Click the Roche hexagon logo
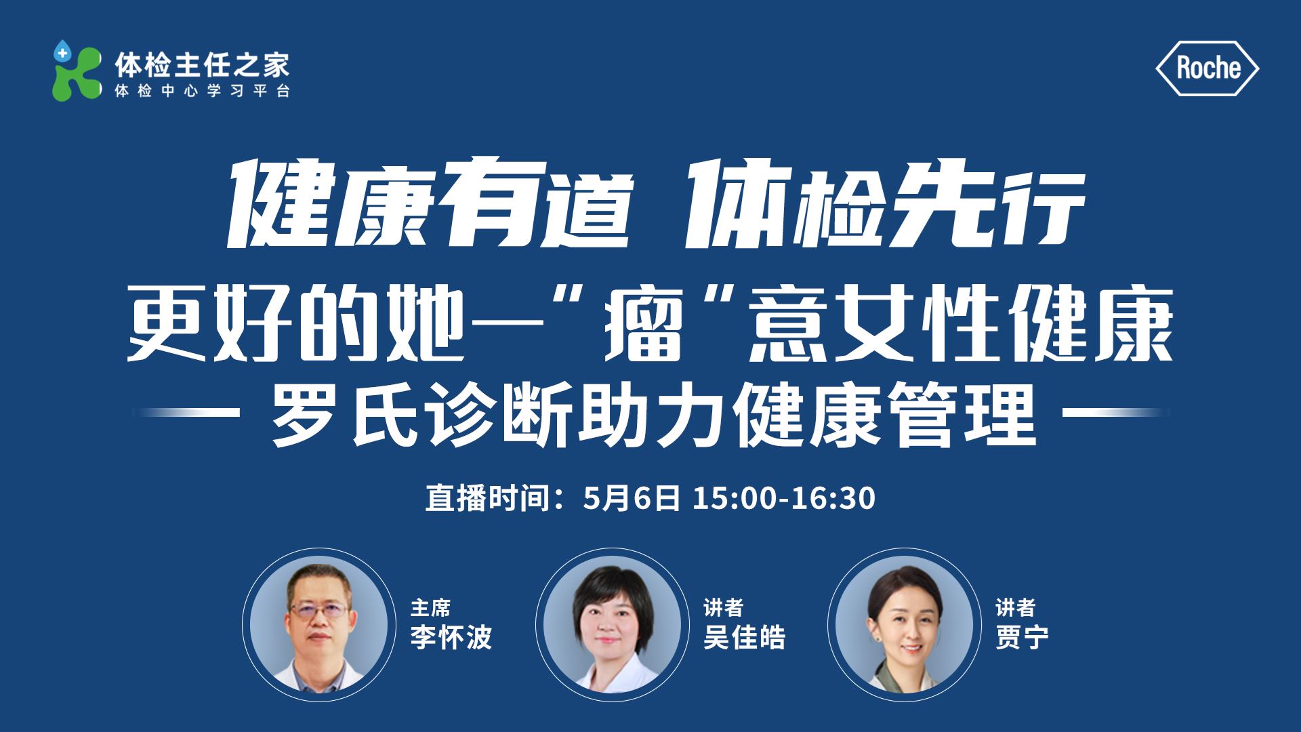point(1207,68)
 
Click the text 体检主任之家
point(202,65)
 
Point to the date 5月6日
point(632,498)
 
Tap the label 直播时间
point(487,498)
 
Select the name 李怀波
point(451,637)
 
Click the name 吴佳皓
point(744,637)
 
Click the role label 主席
point(430,607)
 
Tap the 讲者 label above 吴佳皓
point(723,607)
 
